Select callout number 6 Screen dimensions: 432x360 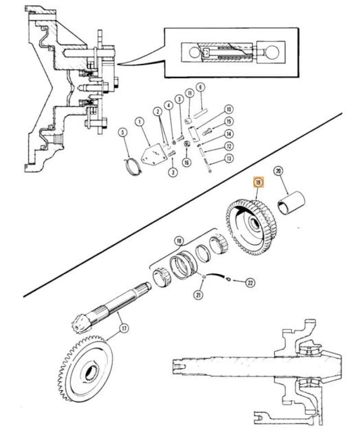tap(200, 87)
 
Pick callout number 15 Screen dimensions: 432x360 tap(229, 121)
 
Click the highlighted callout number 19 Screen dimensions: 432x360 tap(258, 183)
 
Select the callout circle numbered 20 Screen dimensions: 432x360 tap(278, 171)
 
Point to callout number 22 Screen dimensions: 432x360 tap(250, 283)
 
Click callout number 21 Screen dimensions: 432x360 tap(198, 295)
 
